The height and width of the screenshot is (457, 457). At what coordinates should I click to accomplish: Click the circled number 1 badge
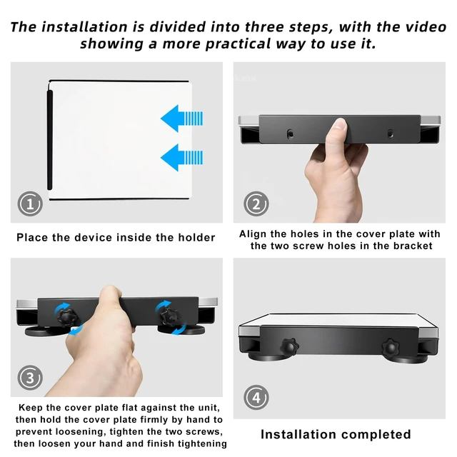click(30, 204)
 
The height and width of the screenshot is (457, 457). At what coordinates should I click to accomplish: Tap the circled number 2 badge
click(256, 204)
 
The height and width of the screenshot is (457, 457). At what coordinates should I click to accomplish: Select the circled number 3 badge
click(30, 378)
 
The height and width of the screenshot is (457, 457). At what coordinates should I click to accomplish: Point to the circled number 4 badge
click(256, 398)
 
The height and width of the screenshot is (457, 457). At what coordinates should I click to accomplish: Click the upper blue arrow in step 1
click(181, 119)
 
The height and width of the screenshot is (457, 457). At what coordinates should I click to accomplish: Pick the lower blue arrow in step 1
click(181, 157)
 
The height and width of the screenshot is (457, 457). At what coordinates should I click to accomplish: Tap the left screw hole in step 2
click(290, 134)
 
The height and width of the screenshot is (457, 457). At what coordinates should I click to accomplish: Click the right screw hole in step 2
click(391, 134)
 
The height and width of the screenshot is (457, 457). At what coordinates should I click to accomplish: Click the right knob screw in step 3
click(170, 317)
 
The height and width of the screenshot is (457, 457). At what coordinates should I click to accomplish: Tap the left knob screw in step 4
click(289, 346)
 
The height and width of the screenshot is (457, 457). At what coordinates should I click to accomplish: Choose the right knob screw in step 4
click(391, 348)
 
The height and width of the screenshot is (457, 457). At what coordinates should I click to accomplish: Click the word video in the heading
click(426, 27)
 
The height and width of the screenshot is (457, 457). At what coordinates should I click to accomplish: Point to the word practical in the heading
click(238, 44)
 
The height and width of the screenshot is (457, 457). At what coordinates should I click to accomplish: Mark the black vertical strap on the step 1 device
click(50, 140)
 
